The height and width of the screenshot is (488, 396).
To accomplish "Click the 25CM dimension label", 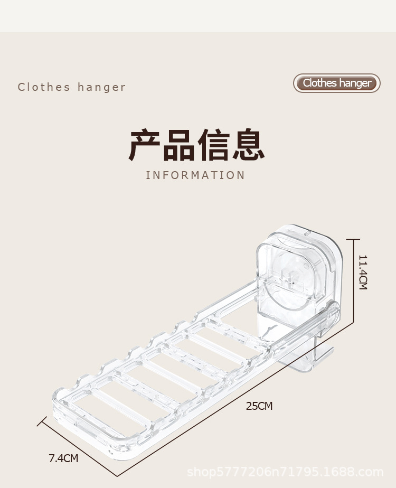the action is click(259, 406).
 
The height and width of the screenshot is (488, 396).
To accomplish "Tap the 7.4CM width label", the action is click(63, 458).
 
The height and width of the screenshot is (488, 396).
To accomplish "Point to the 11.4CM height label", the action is click(363, 272).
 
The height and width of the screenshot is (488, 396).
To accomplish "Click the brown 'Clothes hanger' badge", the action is click(337, 83).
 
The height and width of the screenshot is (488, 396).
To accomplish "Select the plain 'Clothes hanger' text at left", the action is click(72, 87).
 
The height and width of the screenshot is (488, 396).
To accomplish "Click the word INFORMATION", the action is click(195, 175).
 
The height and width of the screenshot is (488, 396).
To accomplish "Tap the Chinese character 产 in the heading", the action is click(145, 144).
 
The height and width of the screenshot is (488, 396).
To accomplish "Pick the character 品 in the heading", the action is click(179, 144).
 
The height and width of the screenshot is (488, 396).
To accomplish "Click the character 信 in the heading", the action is click(213, 144).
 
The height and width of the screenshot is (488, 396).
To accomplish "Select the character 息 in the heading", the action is click(247, 144).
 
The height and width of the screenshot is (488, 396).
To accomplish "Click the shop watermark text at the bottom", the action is click(285, 472).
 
